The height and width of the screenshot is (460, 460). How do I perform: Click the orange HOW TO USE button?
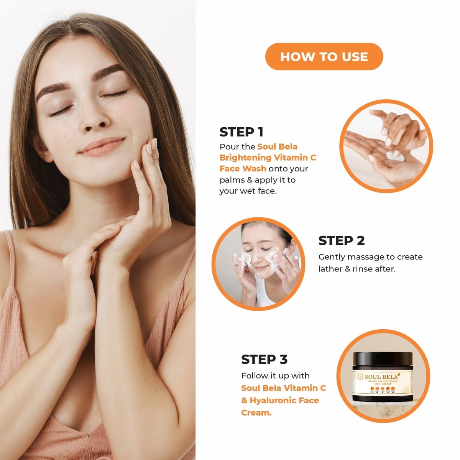[324, 57]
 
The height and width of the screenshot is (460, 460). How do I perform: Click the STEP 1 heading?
[241, 132]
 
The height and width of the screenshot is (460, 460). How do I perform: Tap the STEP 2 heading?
[341, 241]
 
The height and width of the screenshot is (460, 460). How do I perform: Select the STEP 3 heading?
[264, 360]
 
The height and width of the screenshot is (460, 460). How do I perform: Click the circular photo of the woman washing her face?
[258, 264]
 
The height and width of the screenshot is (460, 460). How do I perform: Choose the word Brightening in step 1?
[245, 158]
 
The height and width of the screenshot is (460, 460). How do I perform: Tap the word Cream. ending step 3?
[256, 413]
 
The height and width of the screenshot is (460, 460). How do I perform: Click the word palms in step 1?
[231, 180]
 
